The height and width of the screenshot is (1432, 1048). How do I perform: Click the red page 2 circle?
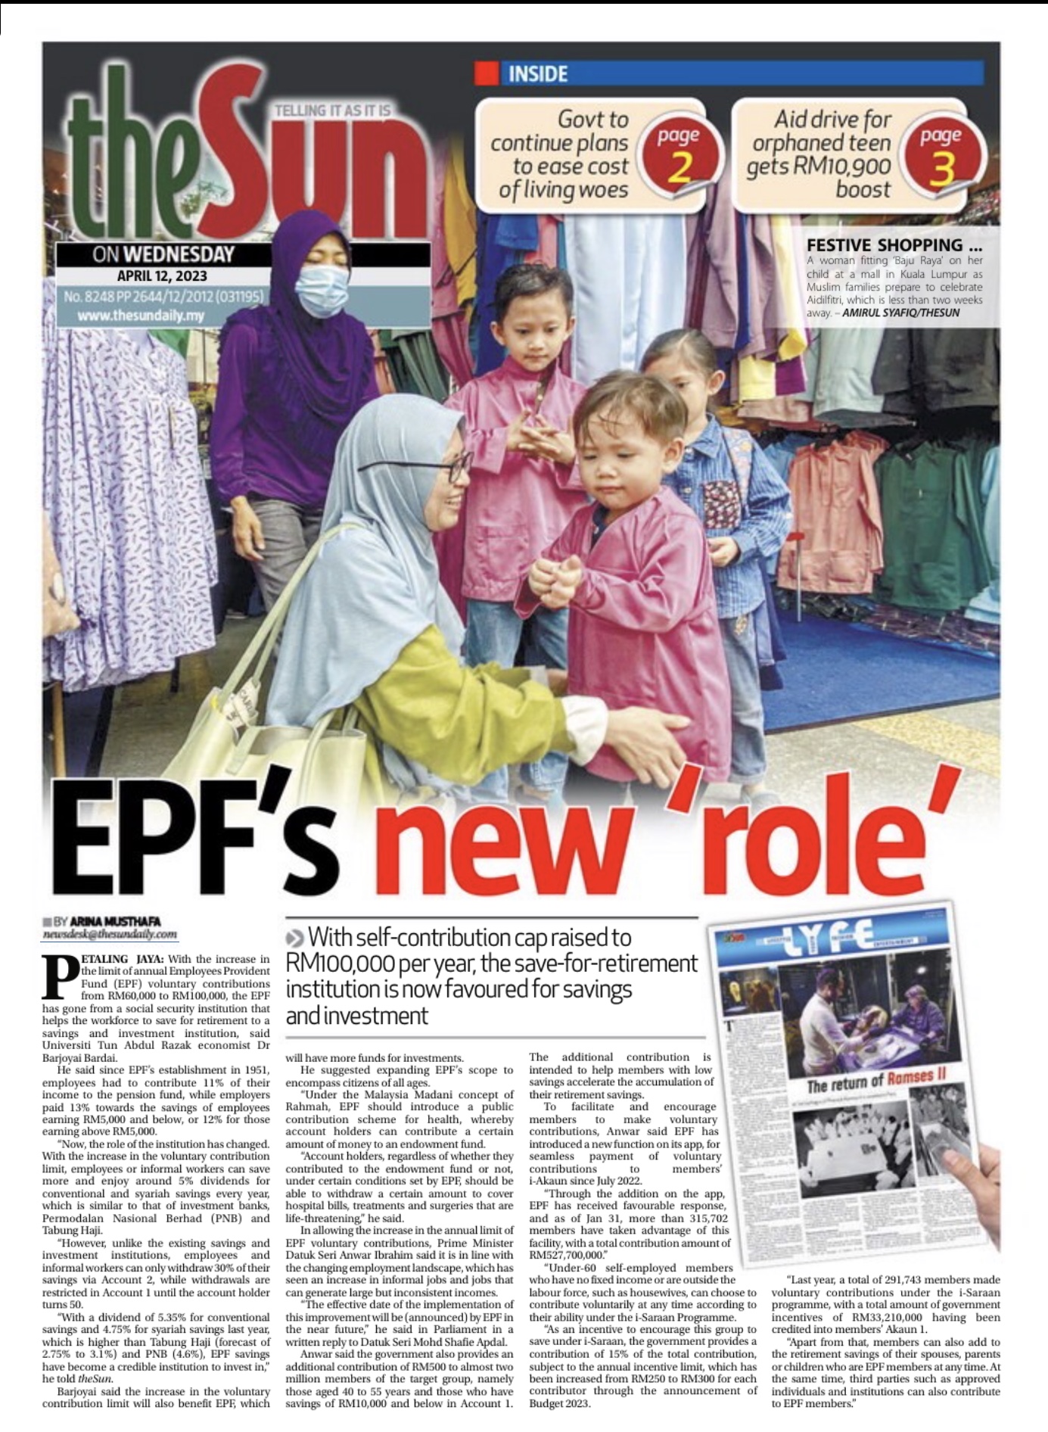point(678,154)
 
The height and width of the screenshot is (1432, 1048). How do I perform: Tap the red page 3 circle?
point(941,154)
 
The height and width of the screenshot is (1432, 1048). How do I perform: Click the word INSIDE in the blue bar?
point(537,74)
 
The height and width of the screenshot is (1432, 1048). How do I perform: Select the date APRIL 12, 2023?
point(162,276)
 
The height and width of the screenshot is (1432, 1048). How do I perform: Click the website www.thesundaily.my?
point(141,316)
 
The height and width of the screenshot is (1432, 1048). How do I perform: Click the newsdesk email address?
point(111,934)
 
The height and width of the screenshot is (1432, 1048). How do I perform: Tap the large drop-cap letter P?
point(60,978)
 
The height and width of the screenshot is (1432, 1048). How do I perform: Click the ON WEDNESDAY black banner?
point(163,254)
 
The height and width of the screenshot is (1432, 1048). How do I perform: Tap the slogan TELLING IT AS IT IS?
point(333,111)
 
